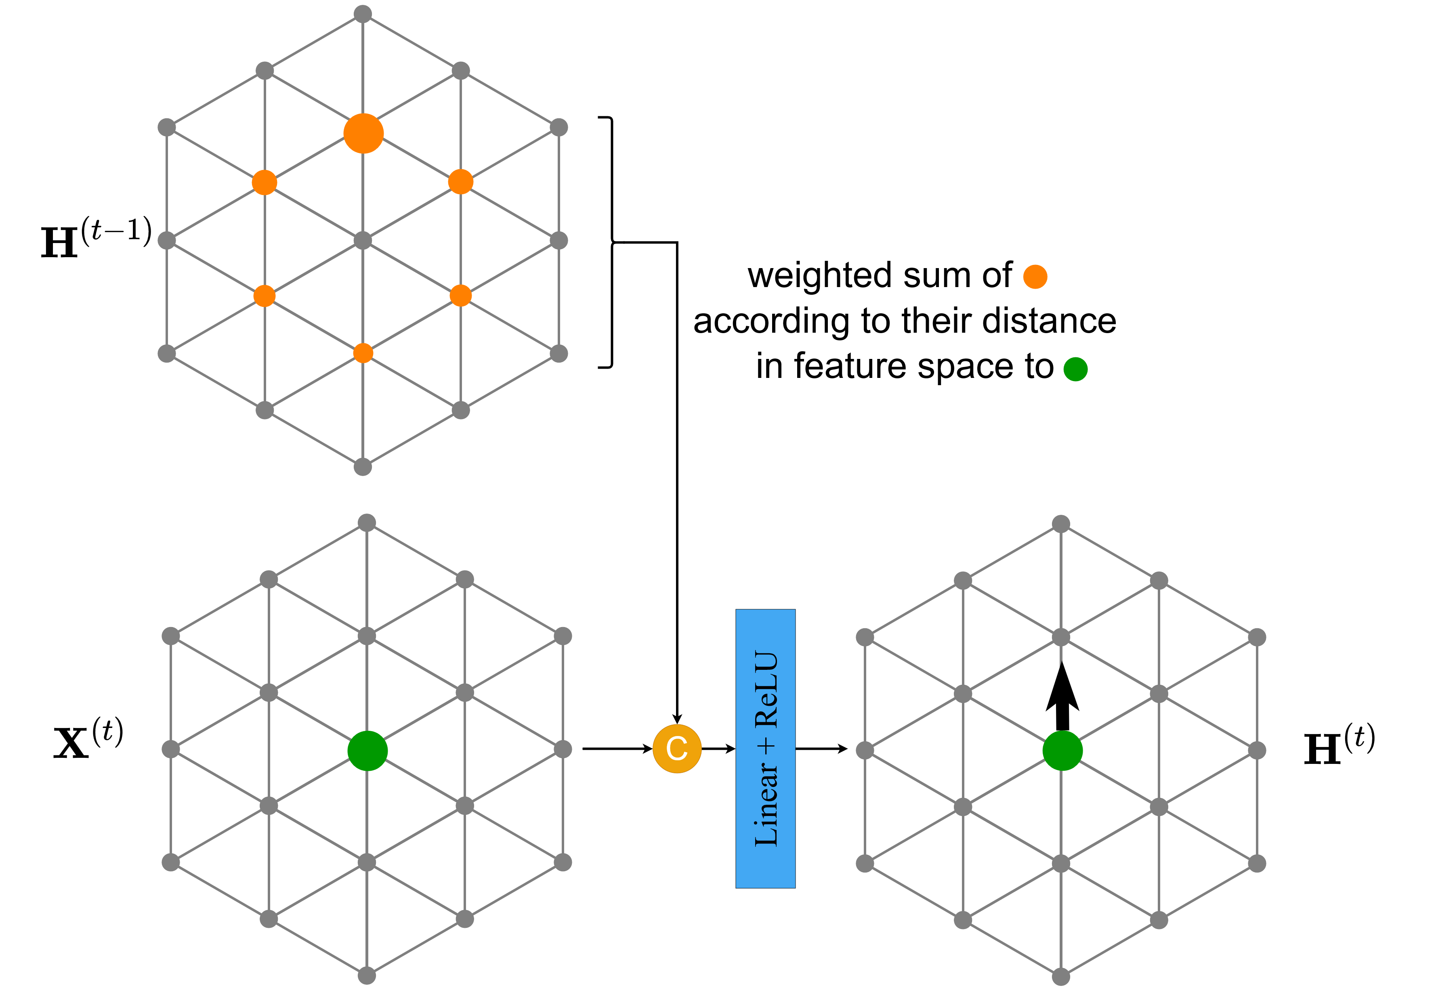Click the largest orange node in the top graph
click(x=363, y=133)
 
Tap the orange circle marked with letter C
click(x=677, y=748)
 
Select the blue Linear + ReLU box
click(x=765, y=748)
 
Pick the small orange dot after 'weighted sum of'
click(x=1035, y=277)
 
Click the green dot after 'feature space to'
click(x=1075, y=369)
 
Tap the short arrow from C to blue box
click(x=718, y=749)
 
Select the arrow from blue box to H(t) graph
click(x=822, y=749)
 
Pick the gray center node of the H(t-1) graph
click(x=363, y=240)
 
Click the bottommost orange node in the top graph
click(x=363, y=353)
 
